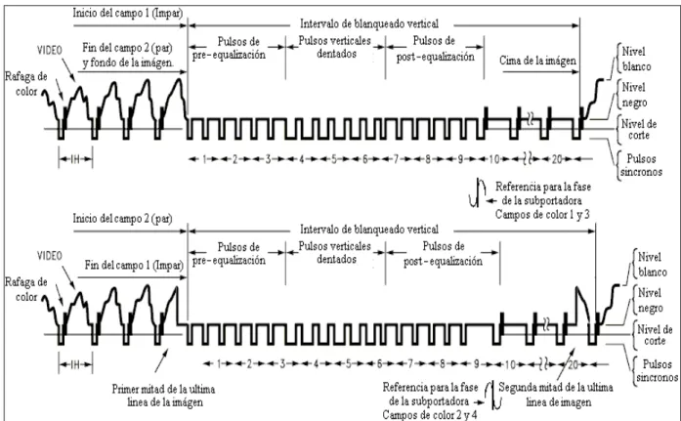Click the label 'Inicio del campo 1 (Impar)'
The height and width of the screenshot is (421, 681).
128,13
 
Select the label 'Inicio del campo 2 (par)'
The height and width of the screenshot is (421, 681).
122,218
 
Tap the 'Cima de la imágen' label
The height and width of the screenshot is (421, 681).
537,61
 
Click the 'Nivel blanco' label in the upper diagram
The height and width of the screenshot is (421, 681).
636,59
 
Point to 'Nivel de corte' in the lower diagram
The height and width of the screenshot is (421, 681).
655,335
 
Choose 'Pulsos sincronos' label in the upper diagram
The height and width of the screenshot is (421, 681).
641,165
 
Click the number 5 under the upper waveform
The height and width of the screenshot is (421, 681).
334,159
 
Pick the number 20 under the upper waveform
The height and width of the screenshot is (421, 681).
557,159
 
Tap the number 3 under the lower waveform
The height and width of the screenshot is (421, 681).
282,364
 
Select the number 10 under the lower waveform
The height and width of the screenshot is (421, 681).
510,364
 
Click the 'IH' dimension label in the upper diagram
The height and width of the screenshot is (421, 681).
75,159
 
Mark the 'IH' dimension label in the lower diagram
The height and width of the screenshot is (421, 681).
75,364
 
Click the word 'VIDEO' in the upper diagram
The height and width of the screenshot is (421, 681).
50,51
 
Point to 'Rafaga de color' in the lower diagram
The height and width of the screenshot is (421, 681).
26,289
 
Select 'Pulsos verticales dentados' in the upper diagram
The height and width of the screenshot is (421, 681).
335,47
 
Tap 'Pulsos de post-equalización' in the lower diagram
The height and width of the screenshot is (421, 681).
443,253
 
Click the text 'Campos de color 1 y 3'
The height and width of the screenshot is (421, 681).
542,214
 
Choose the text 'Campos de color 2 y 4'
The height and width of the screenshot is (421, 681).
430,415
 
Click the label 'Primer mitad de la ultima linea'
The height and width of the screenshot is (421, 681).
164,396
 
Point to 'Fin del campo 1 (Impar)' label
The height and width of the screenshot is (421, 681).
134,265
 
